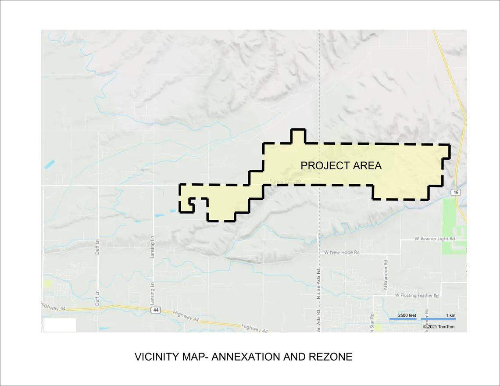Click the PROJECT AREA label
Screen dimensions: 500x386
click(x=341, y=166)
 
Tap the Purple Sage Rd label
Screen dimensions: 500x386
click(x=285, y=181)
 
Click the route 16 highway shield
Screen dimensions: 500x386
click(x=456, y=192)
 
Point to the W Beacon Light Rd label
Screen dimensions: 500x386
click(x=435, y=239)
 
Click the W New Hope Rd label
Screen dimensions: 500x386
click(x=342, y=253)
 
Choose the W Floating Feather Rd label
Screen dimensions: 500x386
click(x=417, y=296)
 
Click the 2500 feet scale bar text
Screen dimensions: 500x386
click(x=407, y=315)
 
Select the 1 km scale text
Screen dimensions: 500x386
click(x=450, y=315)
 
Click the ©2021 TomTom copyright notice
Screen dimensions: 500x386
click(x=439, y=327)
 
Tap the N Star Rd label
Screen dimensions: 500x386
click(x=371, y=322)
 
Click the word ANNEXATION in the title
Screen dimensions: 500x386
click(x=246, y=357)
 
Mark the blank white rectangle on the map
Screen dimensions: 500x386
click(x=60, y=325)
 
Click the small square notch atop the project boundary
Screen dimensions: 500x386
click(x=298, y=136)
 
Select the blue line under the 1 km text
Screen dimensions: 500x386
click(x=438, y=319)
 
